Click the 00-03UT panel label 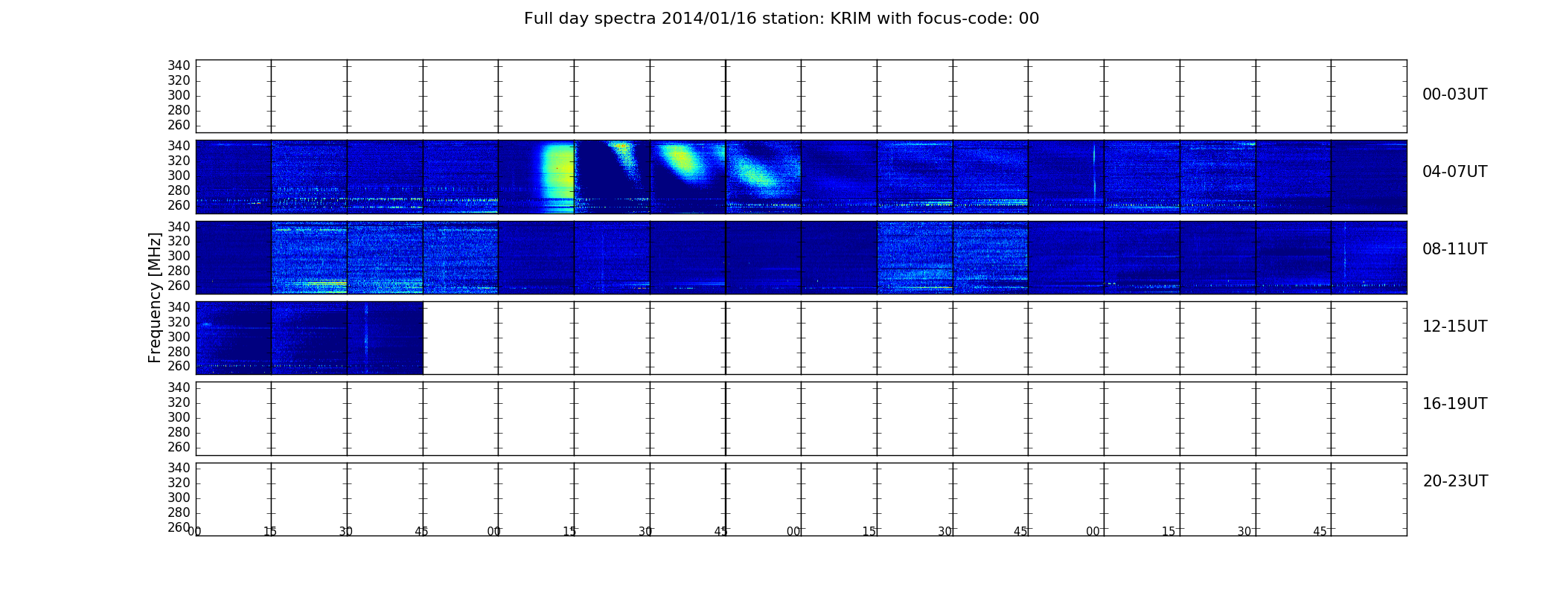[1454, 94]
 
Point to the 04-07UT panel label [1454, 172]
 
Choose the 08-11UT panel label [1454, 249]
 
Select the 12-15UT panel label [1454, 327]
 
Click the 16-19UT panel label [1454, 404]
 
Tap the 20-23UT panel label [1455, 481]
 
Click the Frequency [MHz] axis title [155, 297]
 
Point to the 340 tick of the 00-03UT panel [179, 66]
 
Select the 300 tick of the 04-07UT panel [179, 176]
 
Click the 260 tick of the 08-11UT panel [179, 286]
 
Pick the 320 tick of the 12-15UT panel [179, 322]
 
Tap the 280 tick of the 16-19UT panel [179, 432]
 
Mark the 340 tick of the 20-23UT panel [179, 468]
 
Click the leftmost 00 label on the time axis [194, 532]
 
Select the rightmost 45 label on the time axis [1320, 532]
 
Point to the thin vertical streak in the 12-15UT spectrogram [366, 338]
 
